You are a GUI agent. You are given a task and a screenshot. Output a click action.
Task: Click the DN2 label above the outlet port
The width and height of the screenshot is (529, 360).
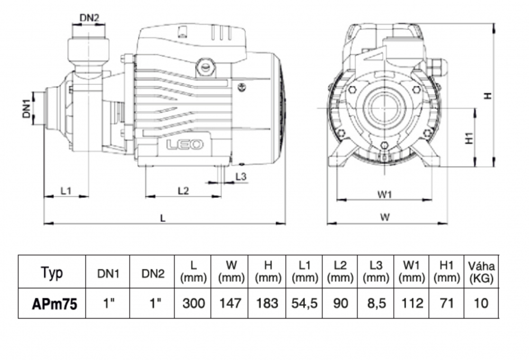(89, 17)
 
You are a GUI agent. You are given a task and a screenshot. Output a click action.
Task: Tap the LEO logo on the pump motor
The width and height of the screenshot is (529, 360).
(185, 145)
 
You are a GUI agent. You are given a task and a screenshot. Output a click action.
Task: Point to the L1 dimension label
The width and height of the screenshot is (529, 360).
(66, 191)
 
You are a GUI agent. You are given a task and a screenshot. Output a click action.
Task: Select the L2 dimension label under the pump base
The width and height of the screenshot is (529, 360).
(183, 191)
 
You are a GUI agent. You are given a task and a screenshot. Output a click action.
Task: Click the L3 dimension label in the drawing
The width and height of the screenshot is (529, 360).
(240, 176)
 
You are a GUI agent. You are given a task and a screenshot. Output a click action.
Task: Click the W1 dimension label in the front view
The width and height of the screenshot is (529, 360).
(385, 194)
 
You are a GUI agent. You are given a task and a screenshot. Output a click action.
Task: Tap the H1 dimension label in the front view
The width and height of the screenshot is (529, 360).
(468, 138)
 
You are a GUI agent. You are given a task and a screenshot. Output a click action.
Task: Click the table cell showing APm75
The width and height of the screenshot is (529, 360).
(52, 303)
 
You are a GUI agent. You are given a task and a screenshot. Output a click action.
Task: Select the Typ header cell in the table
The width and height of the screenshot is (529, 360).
(52, 273)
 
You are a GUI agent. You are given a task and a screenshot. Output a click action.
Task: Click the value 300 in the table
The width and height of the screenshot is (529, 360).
(194, 303)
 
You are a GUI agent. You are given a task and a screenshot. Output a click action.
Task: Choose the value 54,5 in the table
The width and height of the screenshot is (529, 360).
(304, 303)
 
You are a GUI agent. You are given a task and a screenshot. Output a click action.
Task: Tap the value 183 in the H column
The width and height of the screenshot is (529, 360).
(268, 303)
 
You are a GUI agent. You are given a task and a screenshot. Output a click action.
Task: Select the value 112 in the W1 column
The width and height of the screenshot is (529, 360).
(411, 303)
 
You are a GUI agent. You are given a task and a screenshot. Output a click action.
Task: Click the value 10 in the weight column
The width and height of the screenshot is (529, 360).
(479, 303)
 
